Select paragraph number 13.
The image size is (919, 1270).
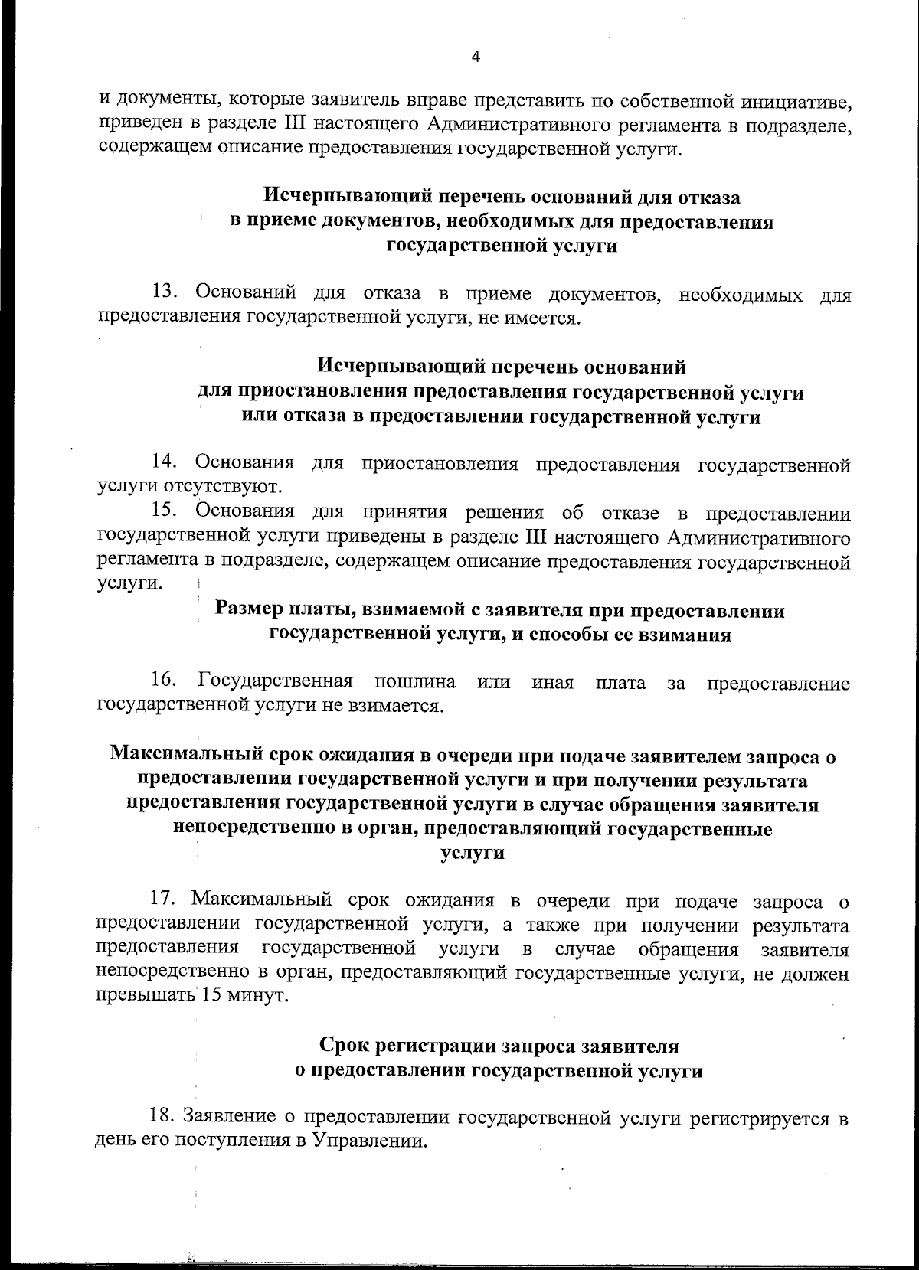(165, 294)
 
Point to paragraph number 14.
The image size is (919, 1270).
(165, 463)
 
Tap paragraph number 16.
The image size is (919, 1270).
(165, 681)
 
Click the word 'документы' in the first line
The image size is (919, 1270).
(157, 100)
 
